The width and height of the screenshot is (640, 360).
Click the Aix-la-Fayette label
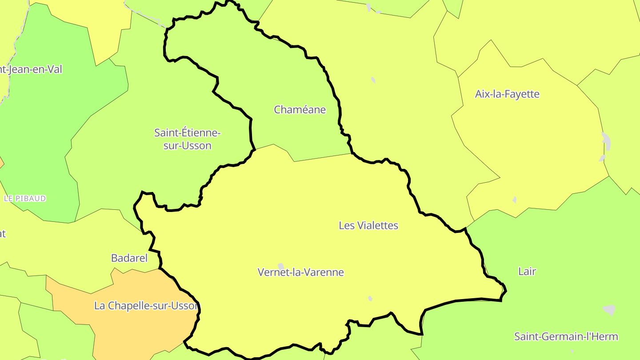(x=507, y=94)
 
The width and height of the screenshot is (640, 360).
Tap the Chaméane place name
(x=300, y=110)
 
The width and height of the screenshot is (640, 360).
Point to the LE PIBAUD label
(x=25, y=198)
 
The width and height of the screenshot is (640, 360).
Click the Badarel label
(x=129, y=258)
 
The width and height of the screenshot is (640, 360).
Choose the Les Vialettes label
(x=368, y=225)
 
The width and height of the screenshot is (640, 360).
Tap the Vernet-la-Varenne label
(x=300, y=272)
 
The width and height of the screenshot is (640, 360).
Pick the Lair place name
(x=527, y=271)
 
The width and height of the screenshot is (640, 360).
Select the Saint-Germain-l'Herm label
(x=566, y=336)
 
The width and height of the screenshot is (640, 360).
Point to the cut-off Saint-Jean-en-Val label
(x=31, y=69)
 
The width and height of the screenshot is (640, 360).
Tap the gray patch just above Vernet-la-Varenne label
(x=281, y=266)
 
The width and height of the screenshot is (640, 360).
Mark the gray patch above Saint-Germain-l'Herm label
(x=609, y=309)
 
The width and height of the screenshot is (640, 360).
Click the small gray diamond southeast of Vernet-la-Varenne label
(x=370, y=299)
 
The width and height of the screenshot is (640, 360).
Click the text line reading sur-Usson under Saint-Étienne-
(x=187, y=145)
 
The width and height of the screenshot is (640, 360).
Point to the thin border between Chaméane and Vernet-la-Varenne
(x=320, y=158)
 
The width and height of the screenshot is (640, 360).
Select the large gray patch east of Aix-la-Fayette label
(x=606, y=141)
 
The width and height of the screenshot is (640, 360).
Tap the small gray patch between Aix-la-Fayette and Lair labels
(x=515, y=200)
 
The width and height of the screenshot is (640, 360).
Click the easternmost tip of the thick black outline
(x=506, y=292)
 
